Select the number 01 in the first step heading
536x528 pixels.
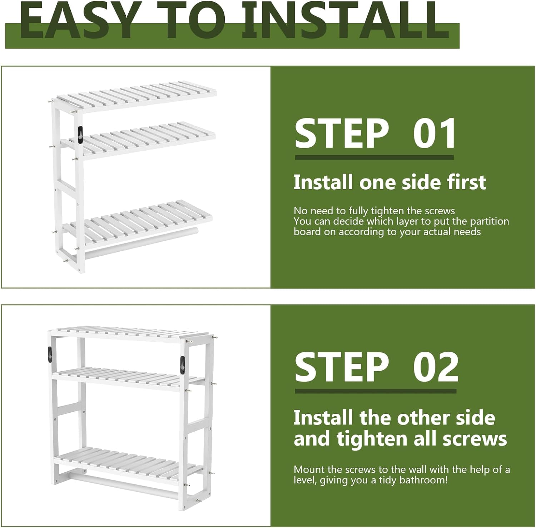(x=434, y=134)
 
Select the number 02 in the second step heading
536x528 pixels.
(x=436, y=367)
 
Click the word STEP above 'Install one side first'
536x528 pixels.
(x=342, y=134)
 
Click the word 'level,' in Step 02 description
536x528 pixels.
(x=305, y=480)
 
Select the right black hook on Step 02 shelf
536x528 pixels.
(x=182, y=366)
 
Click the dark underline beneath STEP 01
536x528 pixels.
(x=374, y=157)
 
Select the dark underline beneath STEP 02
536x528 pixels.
(x=376, y=391)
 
